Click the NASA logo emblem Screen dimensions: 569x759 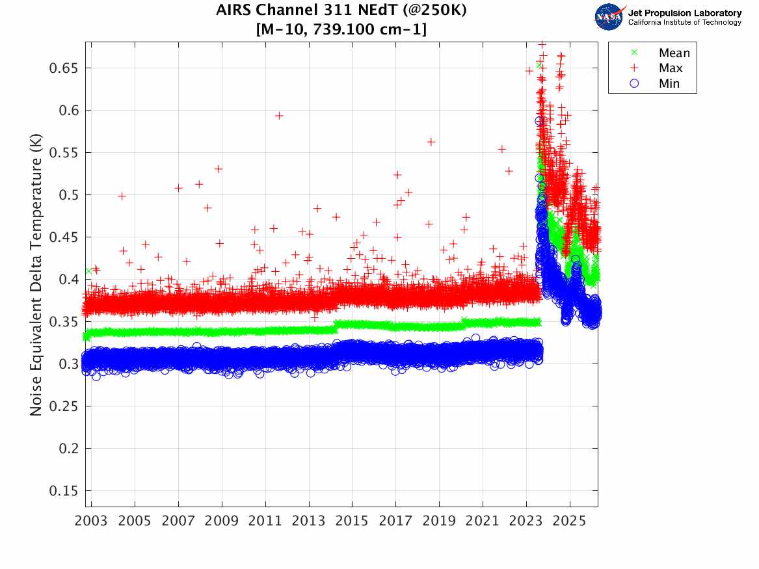(609, 17)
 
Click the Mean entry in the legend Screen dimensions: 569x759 (674, 53)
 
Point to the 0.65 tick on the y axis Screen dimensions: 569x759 (64, 68)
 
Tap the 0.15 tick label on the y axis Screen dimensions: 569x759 (64, 491)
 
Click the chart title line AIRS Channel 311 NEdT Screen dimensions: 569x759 (341, 11)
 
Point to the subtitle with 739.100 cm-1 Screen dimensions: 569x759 (341, 29)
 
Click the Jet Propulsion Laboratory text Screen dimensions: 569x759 (684, 13)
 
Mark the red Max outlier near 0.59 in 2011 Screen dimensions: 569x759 (279, 116)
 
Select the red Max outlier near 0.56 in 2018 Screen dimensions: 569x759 (431, 142)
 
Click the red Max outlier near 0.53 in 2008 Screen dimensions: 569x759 (219, 168)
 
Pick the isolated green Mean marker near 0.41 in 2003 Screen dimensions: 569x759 (88, 271)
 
